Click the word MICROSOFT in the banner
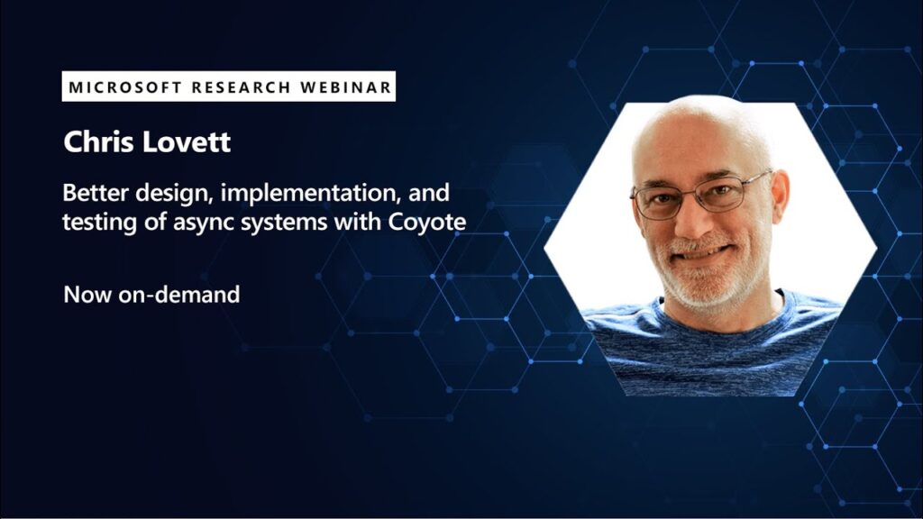[125, 87]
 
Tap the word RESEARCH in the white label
[242, 87]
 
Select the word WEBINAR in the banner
[346, 87]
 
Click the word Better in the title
[96, 193]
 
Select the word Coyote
[426, 223]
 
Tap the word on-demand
[179, 295]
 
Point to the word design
[173, 194]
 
